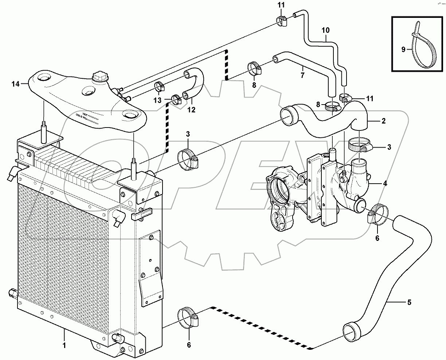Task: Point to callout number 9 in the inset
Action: tap(403, 50)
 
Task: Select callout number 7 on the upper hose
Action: tap(302, 75)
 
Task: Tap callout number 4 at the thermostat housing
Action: tap(385, 184)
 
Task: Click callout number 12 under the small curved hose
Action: tap(191, 109)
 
